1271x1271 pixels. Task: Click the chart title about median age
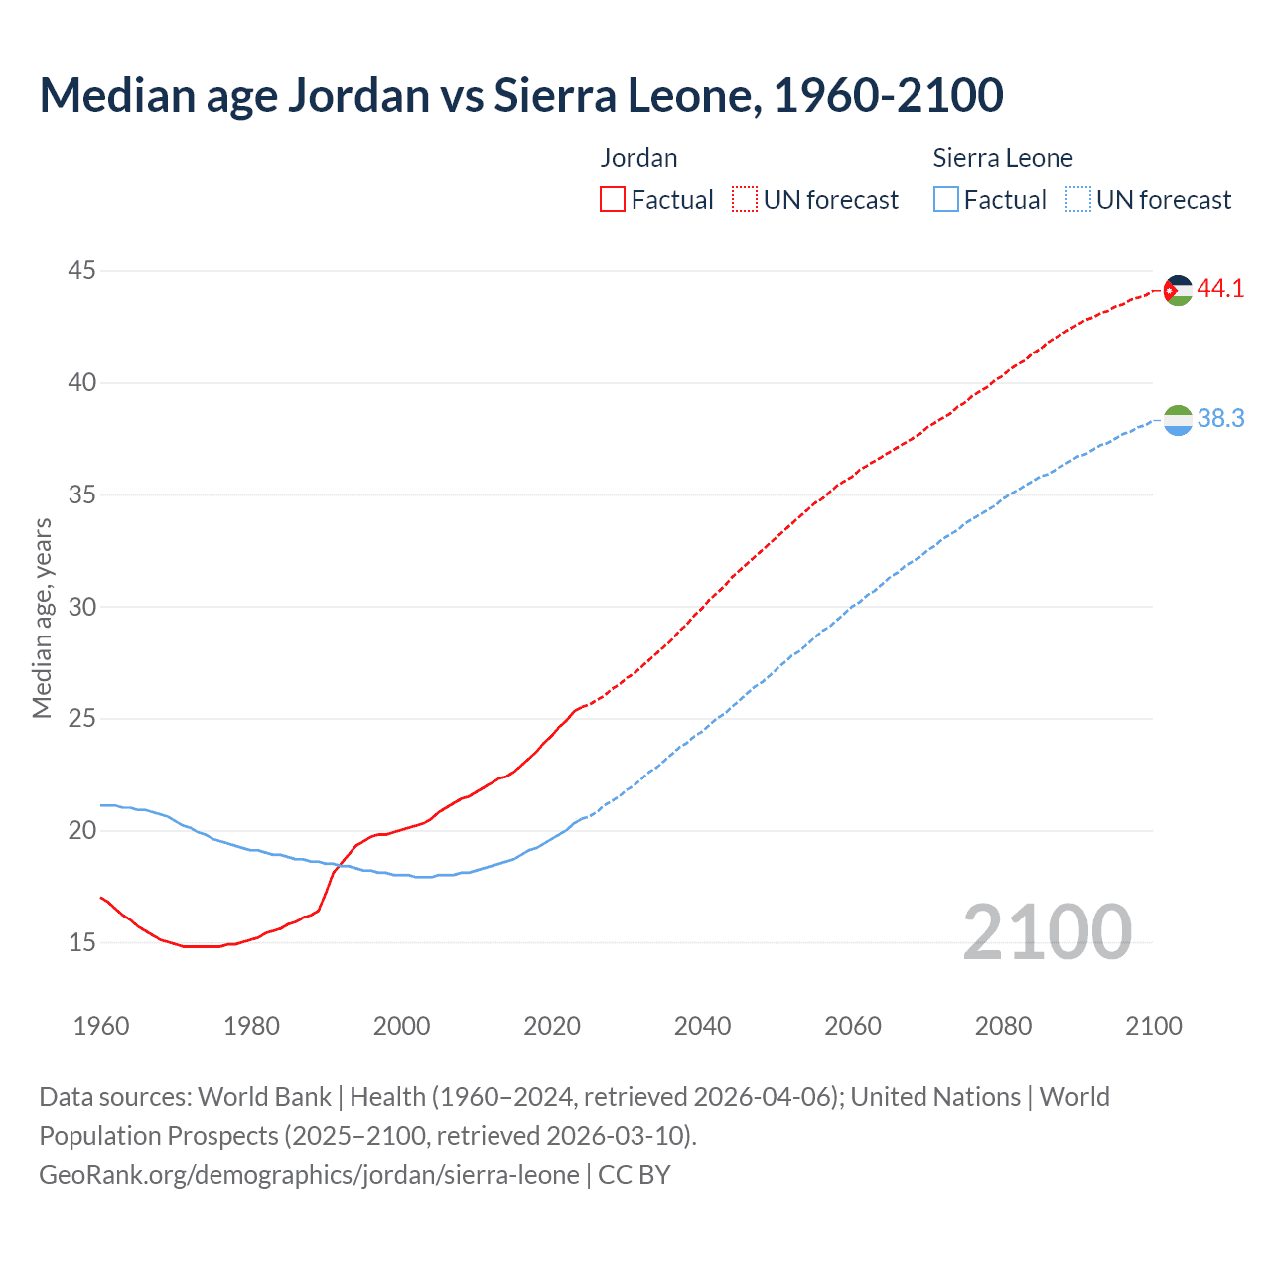[x=521, y=95]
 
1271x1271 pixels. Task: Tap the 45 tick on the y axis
[x=82, y=270]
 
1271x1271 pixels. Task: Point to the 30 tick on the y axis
[x=82, y=606]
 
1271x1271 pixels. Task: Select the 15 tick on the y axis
[x=82, y=941]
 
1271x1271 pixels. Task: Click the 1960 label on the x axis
[x=101, y=1026]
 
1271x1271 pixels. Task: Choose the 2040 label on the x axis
[x=702, y=1026]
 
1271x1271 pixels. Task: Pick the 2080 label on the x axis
[x=1003, y=1026]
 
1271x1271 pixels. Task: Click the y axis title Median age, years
[x=42, y=618]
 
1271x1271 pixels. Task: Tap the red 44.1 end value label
[x=1220, y=289]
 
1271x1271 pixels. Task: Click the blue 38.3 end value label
[x=1220, y=419]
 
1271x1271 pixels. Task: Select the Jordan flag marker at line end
[x=1178, y=290]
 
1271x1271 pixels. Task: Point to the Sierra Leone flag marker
[x=1178, y=421]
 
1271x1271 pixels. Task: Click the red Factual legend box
[x=613, y=200]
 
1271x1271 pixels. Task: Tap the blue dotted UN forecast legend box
[x=1077, y=200]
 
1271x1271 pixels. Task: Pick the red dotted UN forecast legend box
[x=745, y=200]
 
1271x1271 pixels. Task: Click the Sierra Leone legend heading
[x=1003, y=158]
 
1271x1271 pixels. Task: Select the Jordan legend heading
[x=638, y=158]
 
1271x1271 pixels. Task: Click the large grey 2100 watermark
[x=1048, y=931]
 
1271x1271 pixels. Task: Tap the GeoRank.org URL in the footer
[x=309, y=1175]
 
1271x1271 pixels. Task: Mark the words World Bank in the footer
[x=264, y=1097]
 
